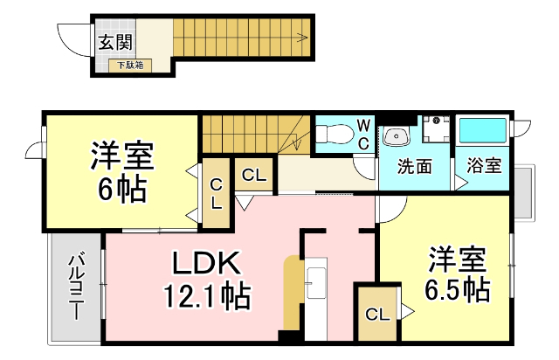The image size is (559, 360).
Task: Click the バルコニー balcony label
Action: pyautogui.click(x=76, y=287)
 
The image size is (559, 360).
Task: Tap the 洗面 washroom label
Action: pyautogui.click(x=414, y=164)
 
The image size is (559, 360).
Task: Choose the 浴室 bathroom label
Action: pyautogui.click(x=482, y=164)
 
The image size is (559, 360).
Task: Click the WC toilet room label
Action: pyautogui.click(x=362, y=137)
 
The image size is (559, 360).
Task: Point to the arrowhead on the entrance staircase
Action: pyautogui.click(x=302, y=38)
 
